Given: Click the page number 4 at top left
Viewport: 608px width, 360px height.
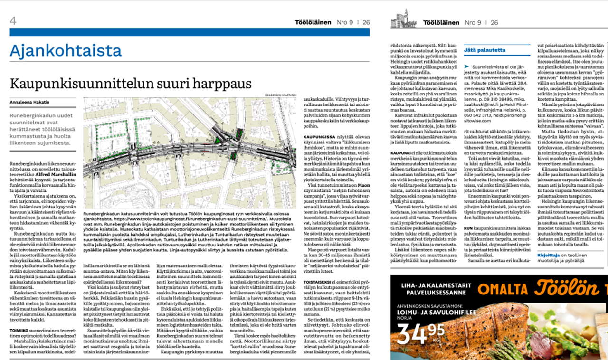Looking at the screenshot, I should click(x=13, y=21).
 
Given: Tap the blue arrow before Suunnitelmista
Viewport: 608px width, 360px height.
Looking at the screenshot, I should click(x=467, y=68).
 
